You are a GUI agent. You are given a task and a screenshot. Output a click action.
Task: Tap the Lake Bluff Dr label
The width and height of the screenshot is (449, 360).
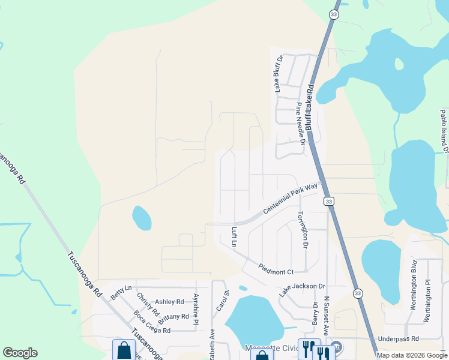pyautogui.click(x=279, y=74)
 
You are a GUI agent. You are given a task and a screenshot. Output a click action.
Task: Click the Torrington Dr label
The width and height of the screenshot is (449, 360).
pyautogui.click(x=303, y=230)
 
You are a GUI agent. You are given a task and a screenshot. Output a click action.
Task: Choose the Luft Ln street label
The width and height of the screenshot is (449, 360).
pyautogui.click(x=235, y=237)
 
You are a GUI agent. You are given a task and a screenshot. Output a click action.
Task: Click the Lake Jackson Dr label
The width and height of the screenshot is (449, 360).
pyautogui.click(x=302, y=290)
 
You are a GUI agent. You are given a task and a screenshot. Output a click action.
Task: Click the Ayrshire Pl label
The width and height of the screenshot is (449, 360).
pyautogui.click(x=196, y=309)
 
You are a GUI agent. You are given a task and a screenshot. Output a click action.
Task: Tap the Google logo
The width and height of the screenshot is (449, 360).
pyautogui.click(x=20, y=353)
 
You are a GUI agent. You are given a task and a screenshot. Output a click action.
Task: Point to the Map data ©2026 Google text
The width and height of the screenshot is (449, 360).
pyautogui.click(x=412, y=355)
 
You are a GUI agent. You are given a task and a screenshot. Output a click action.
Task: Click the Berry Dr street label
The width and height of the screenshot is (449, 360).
pyautogui.click(x=315, y=314)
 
